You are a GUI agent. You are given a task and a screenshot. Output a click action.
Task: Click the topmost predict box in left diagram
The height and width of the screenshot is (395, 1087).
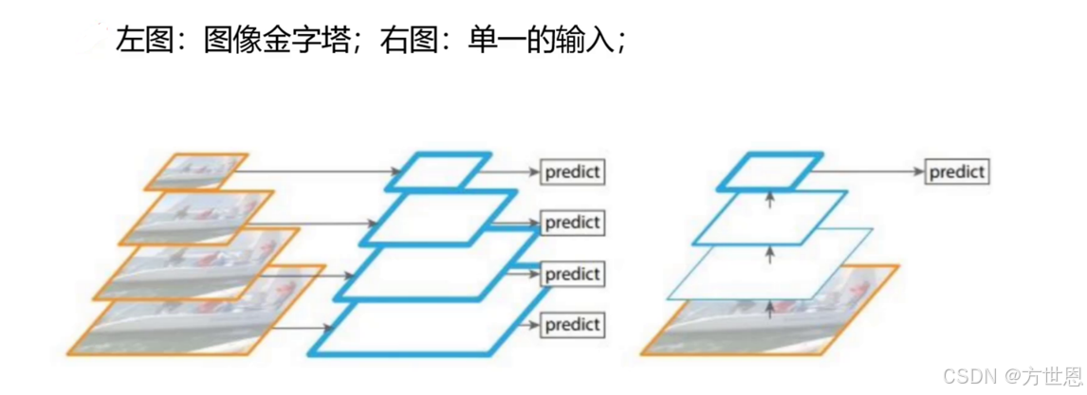[x=573, y=172]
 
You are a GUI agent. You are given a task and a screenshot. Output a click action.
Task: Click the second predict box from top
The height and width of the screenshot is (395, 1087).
[x=573, y=223]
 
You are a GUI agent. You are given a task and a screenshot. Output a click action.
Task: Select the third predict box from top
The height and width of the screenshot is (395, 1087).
[x=573, y=274]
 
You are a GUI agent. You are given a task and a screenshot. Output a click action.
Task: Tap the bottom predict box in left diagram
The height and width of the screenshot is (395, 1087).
[x=573, y=325]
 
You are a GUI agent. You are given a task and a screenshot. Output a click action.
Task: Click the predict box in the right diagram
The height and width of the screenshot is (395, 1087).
[x=956, y=172]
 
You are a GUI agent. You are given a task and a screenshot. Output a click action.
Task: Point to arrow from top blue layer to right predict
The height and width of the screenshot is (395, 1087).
[x=873, y=172]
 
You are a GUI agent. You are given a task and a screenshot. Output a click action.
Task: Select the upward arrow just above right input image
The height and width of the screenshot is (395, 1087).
[x=769, y=305]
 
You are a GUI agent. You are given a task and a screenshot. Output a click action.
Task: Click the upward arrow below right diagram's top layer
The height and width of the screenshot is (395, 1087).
[x=769, y=199]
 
